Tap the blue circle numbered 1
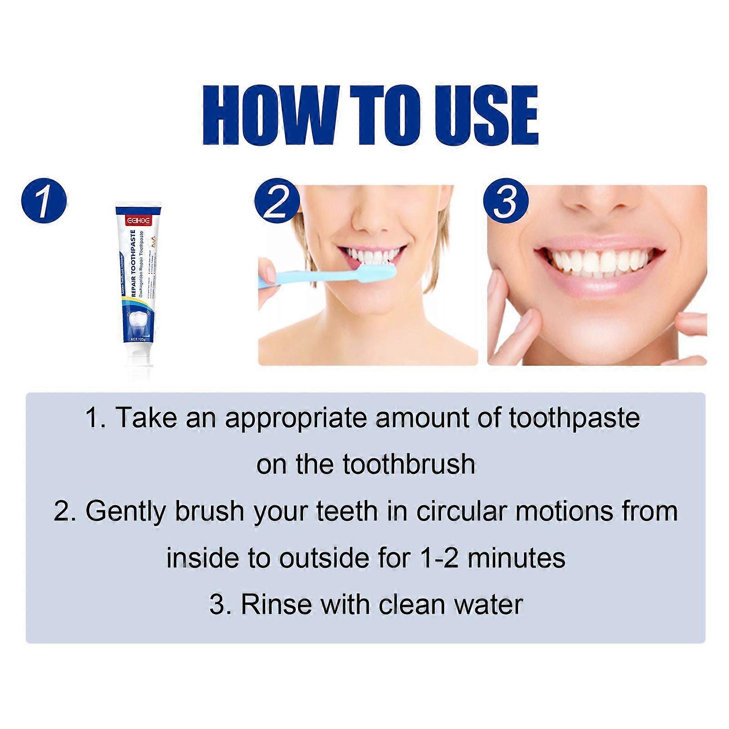pos(44,200)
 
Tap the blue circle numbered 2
pos(277,200)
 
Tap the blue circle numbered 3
pos(506,200)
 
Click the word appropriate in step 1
pos(296,418)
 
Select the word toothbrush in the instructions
pos(409,465)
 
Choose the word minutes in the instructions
pos(516,559)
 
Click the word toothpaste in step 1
pos(574,418)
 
